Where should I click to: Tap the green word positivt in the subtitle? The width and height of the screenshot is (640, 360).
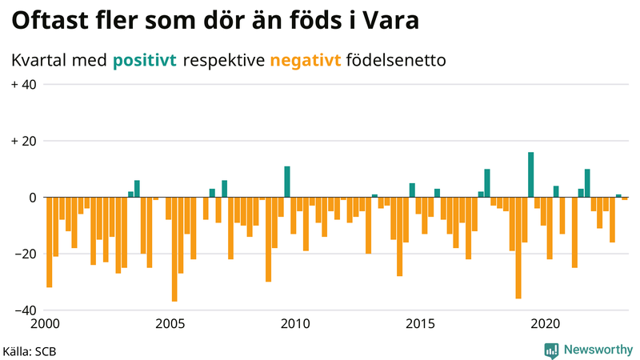pos(145,60)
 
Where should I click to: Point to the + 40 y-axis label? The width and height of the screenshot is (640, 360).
pos(24,85)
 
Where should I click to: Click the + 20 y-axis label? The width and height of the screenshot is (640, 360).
pos(24,141)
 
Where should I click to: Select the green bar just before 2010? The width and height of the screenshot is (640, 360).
pos(287,182)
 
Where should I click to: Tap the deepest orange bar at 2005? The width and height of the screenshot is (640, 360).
pos(174,249)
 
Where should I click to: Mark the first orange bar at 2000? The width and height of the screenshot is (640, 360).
pos(50,242)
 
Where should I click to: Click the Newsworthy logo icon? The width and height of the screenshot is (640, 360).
pos(551,350)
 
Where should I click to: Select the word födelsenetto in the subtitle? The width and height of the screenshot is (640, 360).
pos(398,60)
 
